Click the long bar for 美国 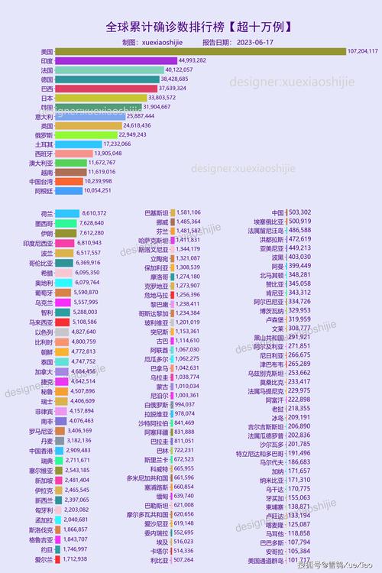199,51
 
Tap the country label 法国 46,70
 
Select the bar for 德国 107,79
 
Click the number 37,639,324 173,88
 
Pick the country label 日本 46,98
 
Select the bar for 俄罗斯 86,134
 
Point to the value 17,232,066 118,144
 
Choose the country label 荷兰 46,213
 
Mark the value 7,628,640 92,223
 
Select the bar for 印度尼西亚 65,242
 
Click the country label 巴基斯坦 156,212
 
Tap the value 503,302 300,212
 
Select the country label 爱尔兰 44,560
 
